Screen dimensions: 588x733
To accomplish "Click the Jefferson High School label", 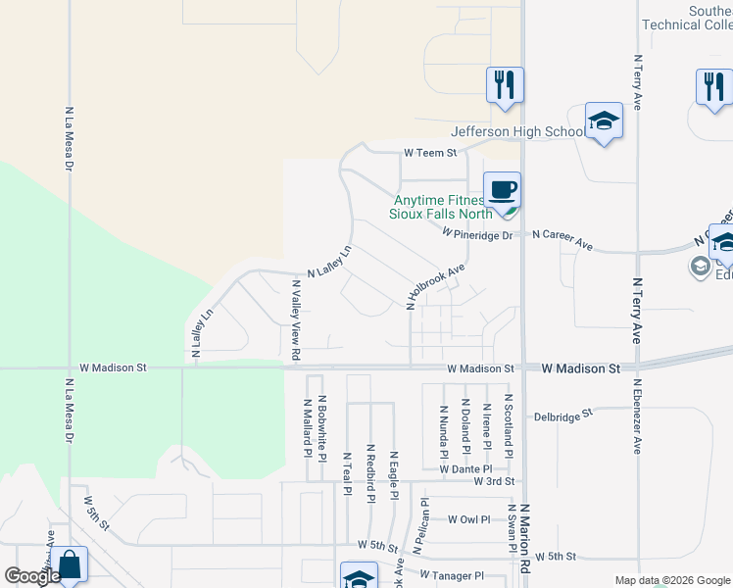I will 516,132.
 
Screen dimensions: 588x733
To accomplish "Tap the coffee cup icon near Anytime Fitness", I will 503,190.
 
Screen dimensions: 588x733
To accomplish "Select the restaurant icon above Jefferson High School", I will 505,84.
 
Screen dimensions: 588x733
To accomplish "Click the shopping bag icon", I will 69,566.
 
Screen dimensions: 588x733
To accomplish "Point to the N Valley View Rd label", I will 295,318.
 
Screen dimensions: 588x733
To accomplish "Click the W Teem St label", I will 431,153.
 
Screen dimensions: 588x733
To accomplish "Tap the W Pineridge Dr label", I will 477,235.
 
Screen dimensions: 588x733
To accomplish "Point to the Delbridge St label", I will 563,416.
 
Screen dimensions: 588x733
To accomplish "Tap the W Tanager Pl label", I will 452,575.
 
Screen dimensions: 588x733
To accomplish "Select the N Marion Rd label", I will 525,539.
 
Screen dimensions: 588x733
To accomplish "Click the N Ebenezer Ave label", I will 637,416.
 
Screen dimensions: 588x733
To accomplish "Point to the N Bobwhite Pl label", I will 321,427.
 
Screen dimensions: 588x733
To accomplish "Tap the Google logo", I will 32,576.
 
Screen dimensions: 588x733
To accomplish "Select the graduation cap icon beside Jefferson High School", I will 604,122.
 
